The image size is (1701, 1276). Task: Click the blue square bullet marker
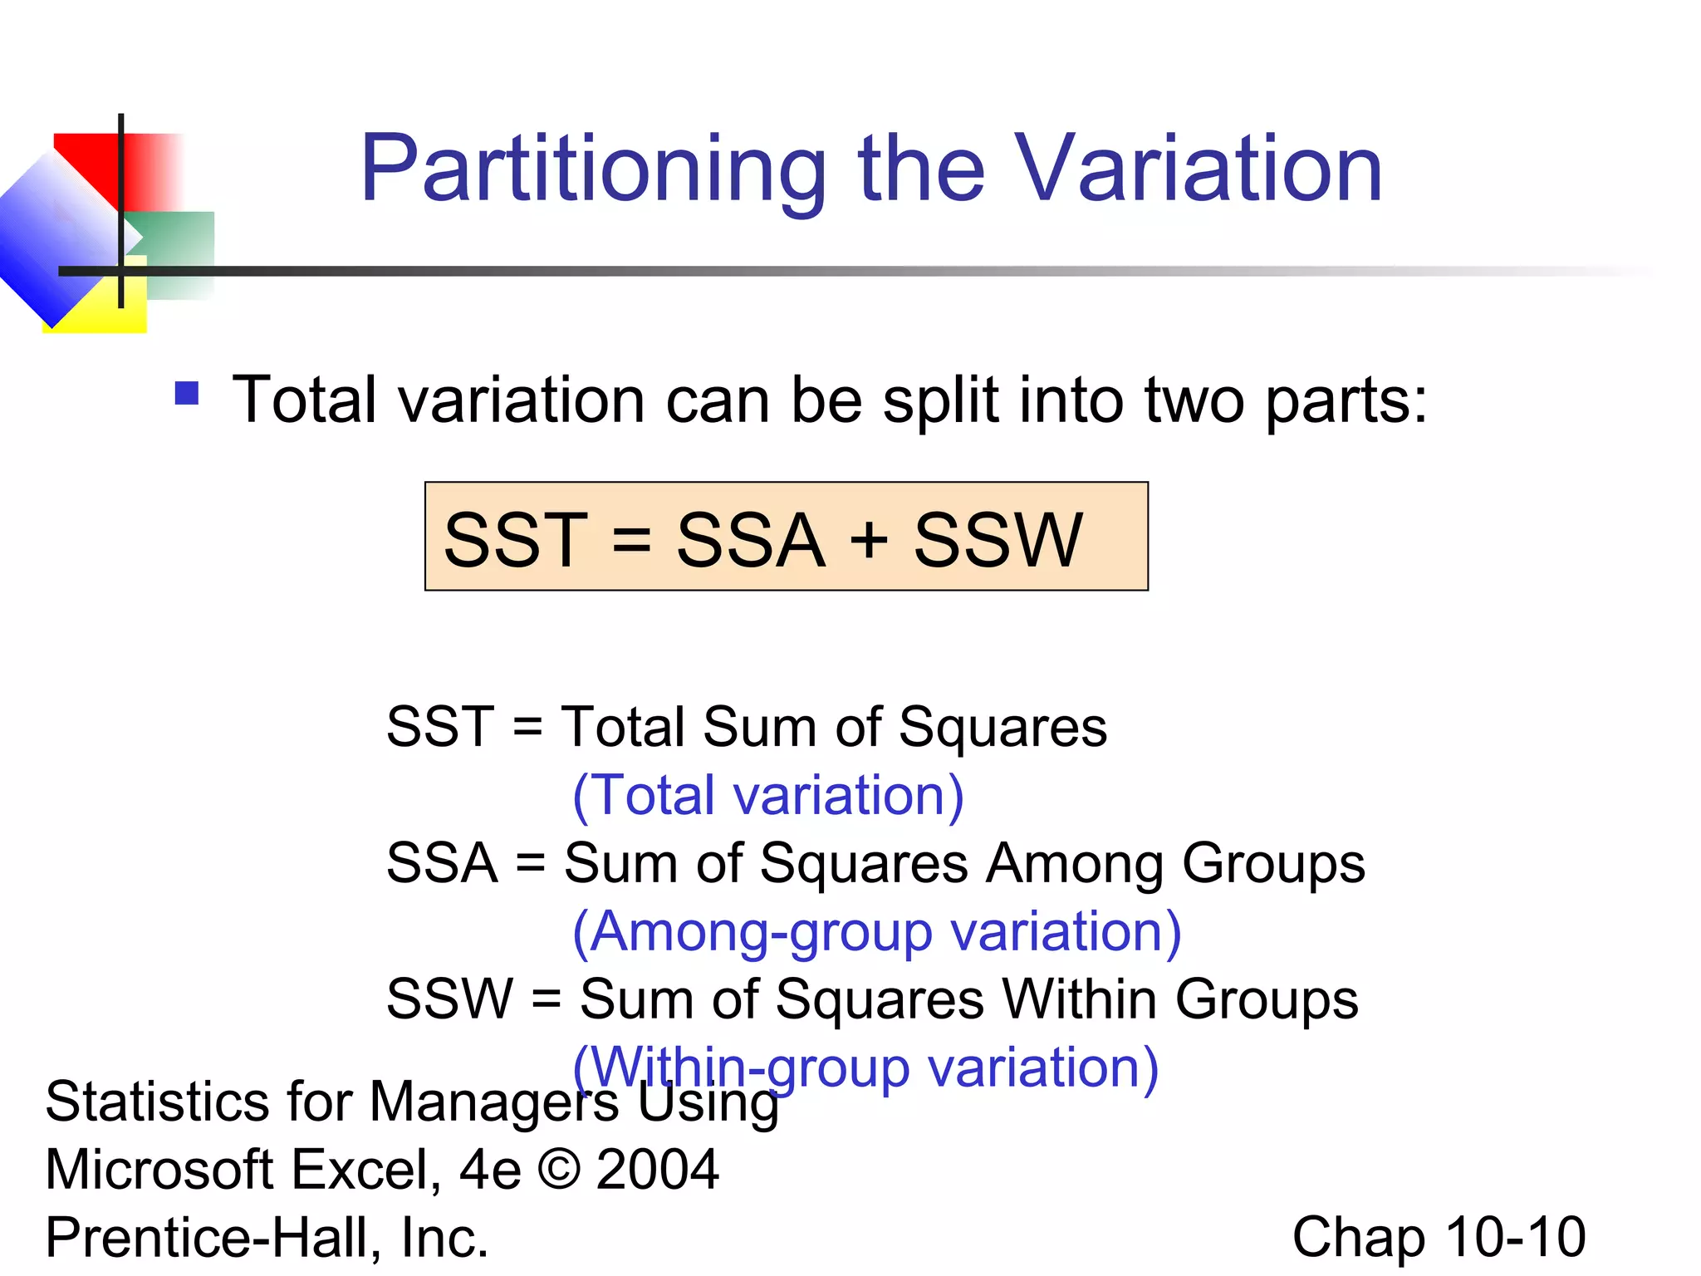point(187,393)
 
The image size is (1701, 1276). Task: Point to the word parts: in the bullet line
point(1346,401)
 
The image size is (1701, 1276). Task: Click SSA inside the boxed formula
point(751,541)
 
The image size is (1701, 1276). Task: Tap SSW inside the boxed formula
point(998,541)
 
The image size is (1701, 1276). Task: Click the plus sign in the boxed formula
point(870,539)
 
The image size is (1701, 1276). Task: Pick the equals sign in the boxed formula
point(631,539)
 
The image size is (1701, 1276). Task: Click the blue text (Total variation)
point(768,796)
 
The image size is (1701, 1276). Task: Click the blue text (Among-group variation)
point(876,932)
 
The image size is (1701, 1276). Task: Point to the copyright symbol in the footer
point(559,1169)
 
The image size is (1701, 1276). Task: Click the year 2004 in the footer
point(657,1169)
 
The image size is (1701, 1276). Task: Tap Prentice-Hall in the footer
point(215,1238)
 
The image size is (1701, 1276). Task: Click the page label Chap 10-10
point(1439,1238)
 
